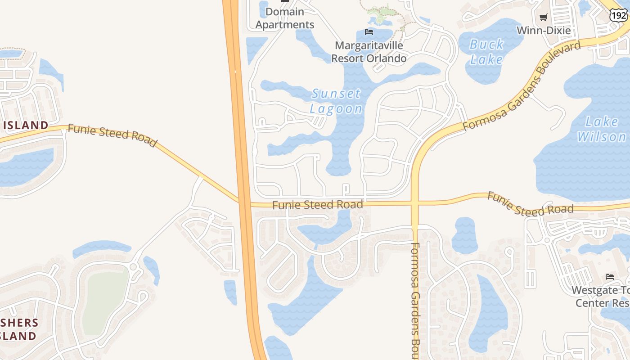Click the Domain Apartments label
coord(285,18)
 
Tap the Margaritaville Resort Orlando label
coord(369,52)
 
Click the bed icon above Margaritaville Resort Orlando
coord(369,31)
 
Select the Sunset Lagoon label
coord(336,101)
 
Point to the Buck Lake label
coord(486,52)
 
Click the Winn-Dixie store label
coord(544,31)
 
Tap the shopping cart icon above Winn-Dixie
coord(543,18)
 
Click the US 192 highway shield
coord(618,15)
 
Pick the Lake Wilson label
coord(602,129)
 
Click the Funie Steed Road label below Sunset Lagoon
coord(318,205)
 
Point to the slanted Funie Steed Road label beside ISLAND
coord(112,135)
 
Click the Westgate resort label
coord(601,296)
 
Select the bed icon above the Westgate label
coord(610,276)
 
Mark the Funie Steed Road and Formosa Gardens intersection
coord(415,203)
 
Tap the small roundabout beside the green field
coord(133,266)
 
